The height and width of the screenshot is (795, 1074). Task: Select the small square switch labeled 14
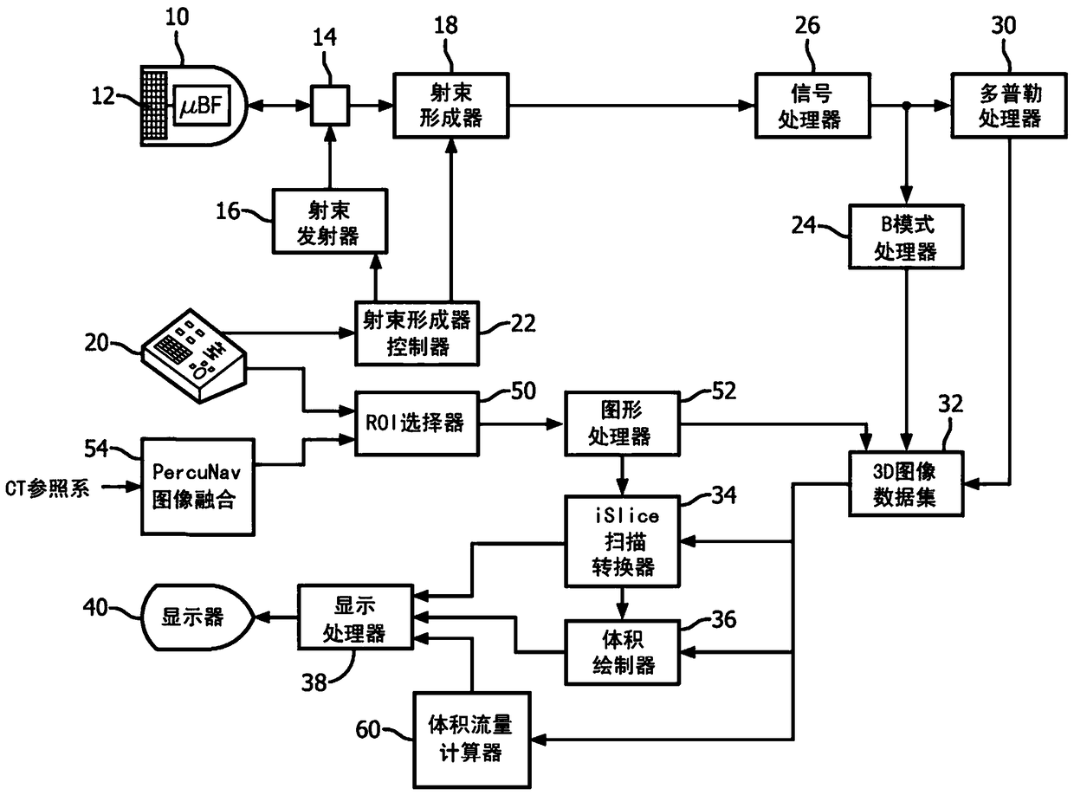pyautogui.click(x=330, y=106)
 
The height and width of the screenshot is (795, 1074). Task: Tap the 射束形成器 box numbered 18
pyautogui.click(x=450, y=106)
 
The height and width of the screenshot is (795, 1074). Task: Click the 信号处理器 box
pyautogui.click(x=813, y=106)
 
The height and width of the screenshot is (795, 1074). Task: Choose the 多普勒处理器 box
pyautogui.click(x=1009, y=106)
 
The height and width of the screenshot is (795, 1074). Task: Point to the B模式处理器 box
pyautogui.click(x=906, y=236)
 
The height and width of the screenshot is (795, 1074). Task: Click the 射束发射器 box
pyautogui.click(x=330, y=221)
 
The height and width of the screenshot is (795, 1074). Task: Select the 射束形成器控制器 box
pyautogui.click(x=417, y=333)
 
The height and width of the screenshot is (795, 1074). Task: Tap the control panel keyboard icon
pyautogui.click(x=194, y=356)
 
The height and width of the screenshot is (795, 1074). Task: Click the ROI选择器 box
pyautogui.click(x=417, y=424)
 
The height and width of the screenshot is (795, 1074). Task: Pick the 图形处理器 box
pyautogui.click(x=622, y=424)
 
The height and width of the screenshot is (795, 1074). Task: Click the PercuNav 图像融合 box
pyautogui.click(x=198, y=487)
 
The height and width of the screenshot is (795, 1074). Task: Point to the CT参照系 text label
pyautogui.click(x=47, y=488)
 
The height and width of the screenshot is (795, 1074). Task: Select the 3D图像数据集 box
pyautogui.click(x=906, y=484)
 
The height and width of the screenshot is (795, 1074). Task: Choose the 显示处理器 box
pyautogui.click(x=355, y=617)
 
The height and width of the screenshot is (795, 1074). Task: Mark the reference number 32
pyautogui.click(x=950, y=404)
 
